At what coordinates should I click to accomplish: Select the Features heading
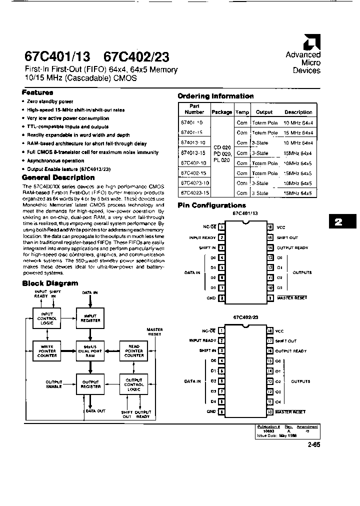(37, 92)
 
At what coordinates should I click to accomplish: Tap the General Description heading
(58, 177)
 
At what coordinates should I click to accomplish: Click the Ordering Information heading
(215, 96)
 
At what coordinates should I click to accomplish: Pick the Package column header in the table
(222, 112)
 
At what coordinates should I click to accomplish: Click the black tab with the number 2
(338, 222)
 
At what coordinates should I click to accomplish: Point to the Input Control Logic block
(47, 317)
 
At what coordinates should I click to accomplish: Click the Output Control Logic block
(134, 384)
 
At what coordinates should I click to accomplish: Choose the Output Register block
(90, 384)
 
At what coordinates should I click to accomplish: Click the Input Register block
(90, 317)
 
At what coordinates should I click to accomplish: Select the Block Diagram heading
(50, 283)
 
